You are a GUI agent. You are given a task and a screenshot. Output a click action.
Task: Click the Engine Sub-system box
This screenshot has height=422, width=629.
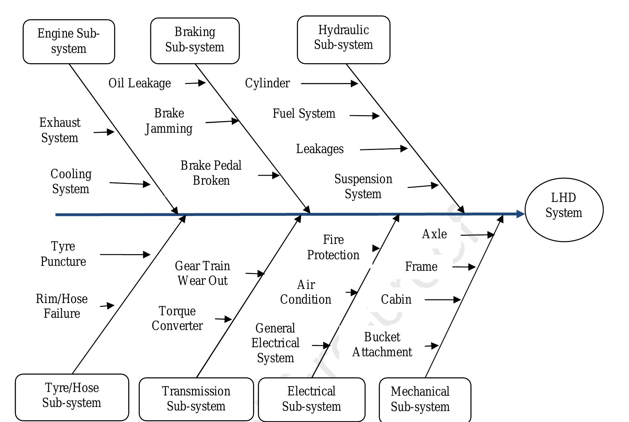pyautogui.click(x=69, y=42)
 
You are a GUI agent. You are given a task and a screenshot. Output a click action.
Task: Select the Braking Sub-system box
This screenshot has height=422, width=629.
pyautogui.click(x=195, y=41)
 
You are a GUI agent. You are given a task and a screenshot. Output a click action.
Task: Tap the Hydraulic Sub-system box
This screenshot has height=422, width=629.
pyautogui.click(x=343, y=40)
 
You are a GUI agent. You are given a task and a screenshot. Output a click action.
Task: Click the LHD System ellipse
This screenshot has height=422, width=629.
pyautogui.click(x=564, y=209)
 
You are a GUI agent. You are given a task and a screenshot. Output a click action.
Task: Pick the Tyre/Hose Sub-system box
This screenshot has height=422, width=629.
pyautogui.click(x=72, y=397)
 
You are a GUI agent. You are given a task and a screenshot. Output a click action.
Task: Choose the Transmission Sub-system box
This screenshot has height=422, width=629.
pyautogui.click(x=196, y=399)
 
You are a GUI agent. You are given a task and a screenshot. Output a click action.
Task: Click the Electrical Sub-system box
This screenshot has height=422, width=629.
pyautogui.click(x=311, y=399)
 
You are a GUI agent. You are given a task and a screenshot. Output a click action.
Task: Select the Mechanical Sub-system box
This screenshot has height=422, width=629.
pyautogui.click(x=425, y=399)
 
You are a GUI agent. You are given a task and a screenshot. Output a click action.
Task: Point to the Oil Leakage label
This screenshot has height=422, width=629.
pyautogui.click(x=140, y=83)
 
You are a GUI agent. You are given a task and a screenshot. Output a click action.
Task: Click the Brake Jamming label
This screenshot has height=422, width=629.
pyautogui.click(x=169, y=121)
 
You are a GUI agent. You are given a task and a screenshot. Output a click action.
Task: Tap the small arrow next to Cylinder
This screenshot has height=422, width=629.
pyautogui.click(x=329, y=84)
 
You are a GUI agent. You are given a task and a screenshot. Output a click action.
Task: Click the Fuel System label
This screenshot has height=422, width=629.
pyautogui.click(x=304, y=113)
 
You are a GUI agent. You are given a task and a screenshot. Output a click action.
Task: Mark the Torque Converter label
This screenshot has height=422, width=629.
pyautogui.click(x=177, y=318)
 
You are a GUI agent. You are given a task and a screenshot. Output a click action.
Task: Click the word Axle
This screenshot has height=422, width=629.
pyautogui.click(x=434, y=234)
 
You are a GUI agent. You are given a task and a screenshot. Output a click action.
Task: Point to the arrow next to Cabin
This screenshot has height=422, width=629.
pyautogui.click(x=442, y=300)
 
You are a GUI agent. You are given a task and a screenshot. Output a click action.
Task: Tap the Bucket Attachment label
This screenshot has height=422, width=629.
pyautogui.click(x=382, y=345)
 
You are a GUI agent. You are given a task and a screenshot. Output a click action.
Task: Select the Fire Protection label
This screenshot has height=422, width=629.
pyautogui.click(x=333, y=247)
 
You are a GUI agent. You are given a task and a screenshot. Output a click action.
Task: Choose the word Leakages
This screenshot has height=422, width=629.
pyautogui.click(x=320, y=149)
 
